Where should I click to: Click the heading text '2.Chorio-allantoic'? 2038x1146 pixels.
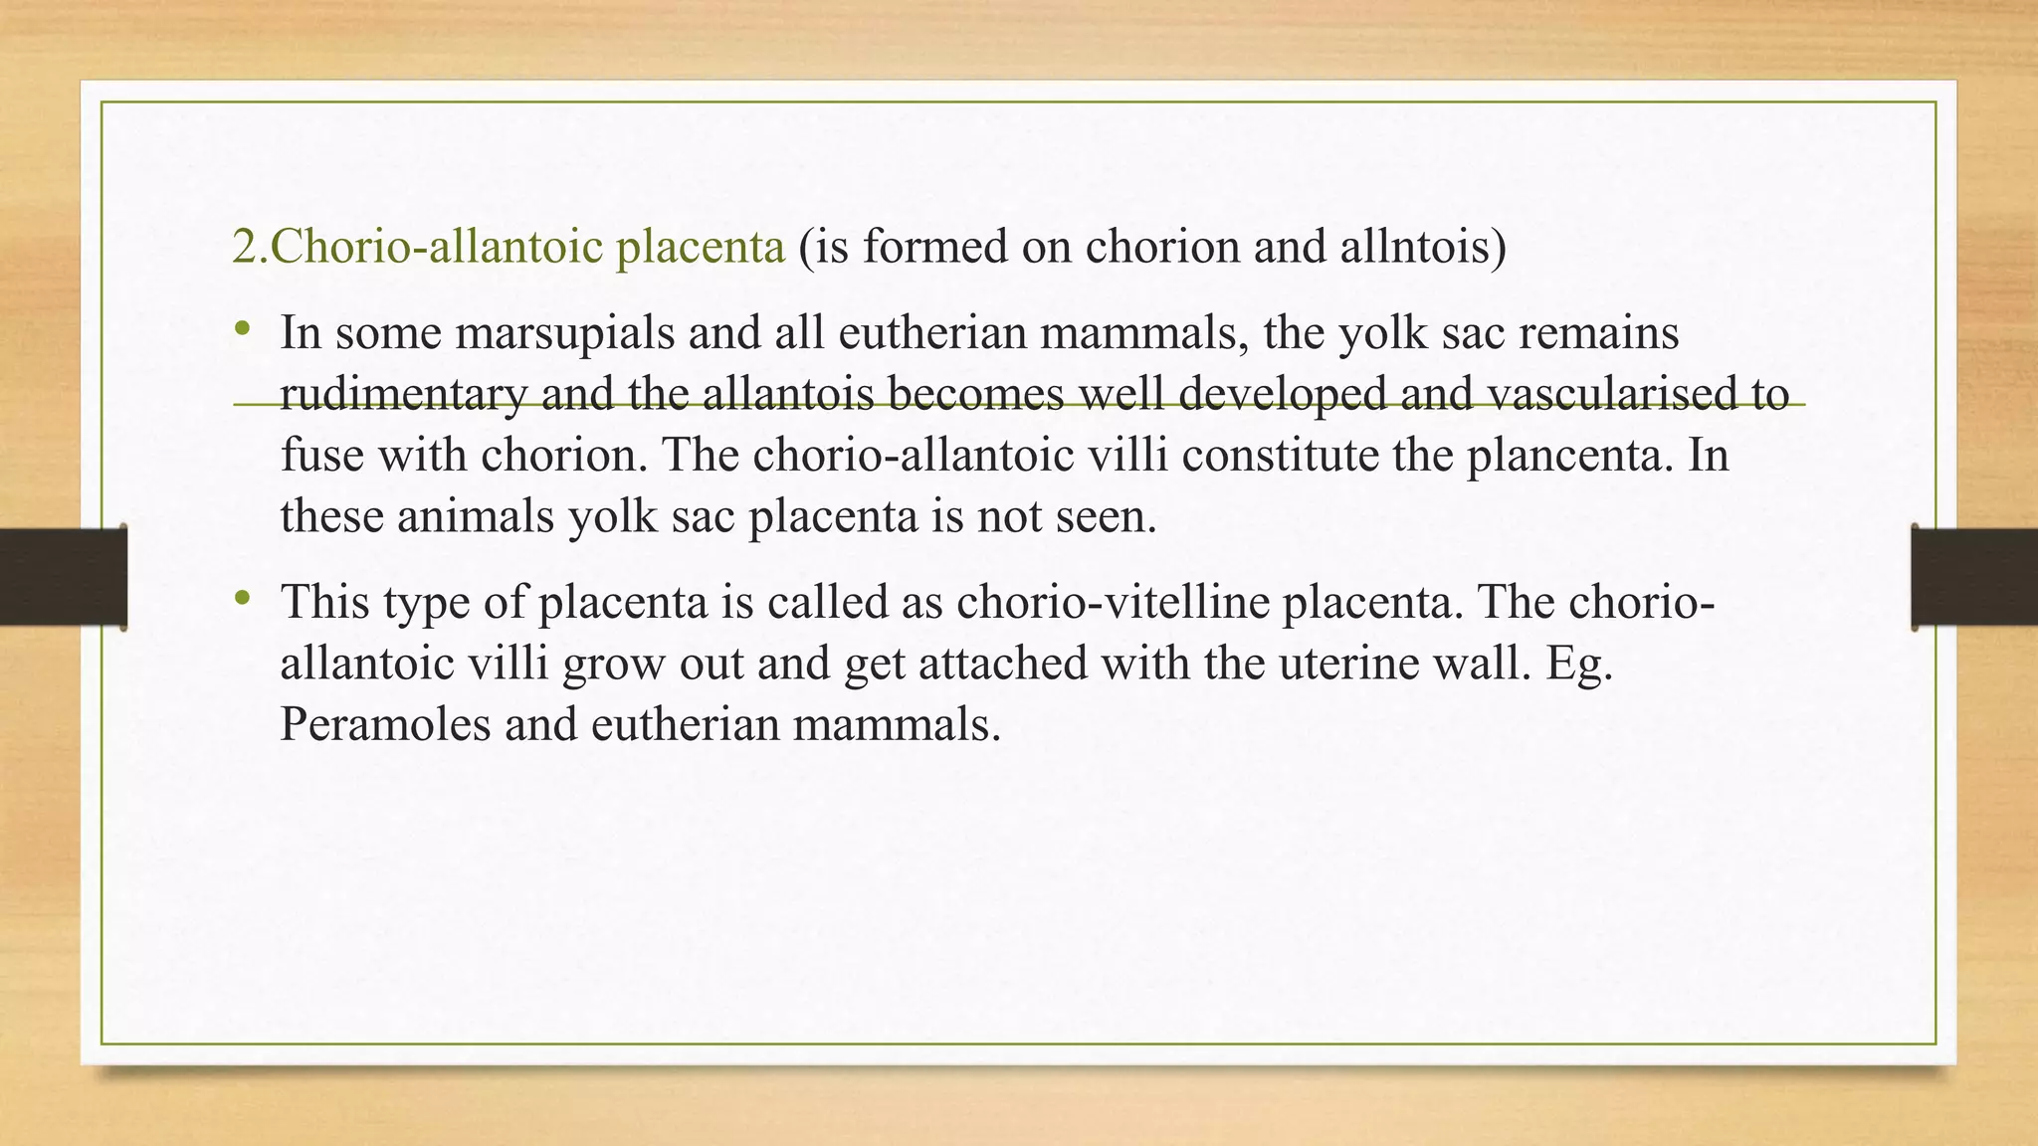(417, 247)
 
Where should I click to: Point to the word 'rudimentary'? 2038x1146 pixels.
(403, 394)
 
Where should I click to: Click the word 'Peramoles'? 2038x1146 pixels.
(385, 724)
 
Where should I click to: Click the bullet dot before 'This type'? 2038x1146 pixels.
(242, 599)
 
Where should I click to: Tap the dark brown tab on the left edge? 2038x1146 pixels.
(63, 577)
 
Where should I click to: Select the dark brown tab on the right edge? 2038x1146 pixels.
(1974, 577)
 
